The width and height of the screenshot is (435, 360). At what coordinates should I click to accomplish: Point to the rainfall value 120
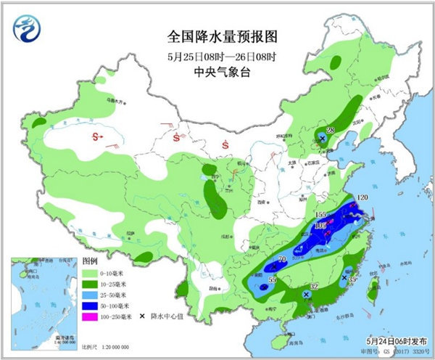point(362,197)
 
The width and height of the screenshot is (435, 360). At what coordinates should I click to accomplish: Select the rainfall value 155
point(323,215)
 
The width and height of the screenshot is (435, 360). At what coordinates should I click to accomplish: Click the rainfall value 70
point(283,259)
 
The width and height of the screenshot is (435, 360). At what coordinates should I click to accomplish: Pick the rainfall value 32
point(314,287)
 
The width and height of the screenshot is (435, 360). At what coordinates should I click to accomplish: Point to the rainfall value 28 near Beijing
point(330,131)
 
